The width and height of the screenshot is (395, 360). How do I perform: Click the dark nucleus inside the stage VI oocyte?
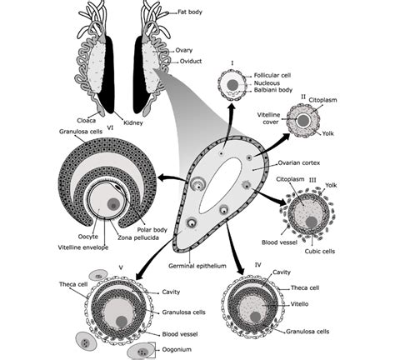(x=113, y=204)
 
